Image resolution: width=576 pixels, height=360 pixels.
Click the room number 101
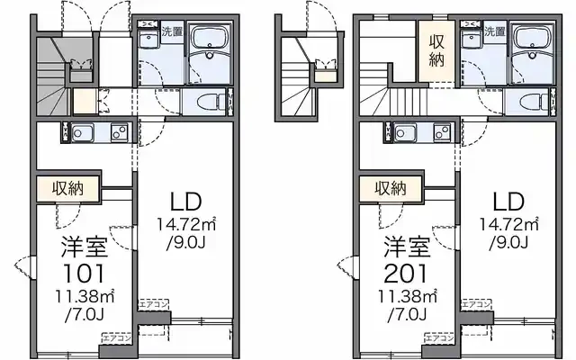(85, 273)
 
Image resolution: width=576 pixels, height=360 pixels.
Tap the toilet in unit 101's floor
(210, 102)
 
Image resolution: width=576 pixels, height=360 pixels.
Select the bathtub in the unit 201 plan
(536, 45)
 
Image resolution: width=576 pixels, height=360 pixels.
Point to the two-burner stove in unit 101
(119, 134)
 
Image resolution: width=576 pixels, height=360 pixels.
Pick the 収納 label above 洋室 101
(67, 189)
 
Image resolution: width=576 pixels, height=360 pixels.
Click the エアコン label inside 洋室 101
(117, 338)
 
